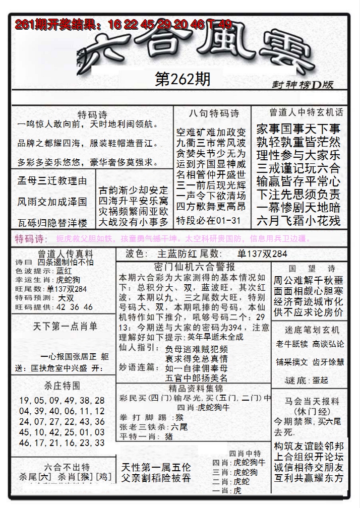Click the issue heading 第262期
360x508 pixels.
click(183, 79)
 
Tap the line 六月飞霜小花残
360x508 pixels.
click(298, 220)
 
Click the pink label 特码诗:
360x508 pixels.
click(31, 238)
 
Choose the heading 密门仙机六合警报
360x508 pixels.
click(194, 267)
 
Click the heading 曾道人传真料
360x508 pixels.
click(58, 254)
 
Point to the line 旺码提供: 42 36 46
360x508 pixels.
click(54, 306)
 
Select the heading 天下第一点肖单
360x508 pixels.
click(66, 326)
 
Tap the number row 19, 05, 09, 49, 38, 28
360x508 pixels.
click(62, 400)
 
